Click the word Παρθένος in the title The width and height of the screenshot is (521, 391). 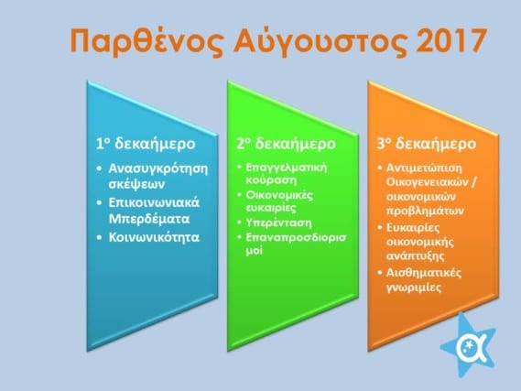click(147, 41)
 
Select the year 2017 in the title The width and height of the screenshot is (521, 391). click(450, 40)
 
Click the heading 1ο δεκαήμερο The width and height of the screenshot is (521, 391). click(146, 144)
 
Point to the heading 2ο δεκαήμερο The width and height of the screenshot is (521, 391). click(286, 144)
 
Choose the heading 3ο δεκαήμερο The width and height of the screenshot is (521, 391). click(427, 144)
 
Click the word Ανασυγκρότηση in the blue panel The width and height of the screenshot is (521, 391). click(157, 168)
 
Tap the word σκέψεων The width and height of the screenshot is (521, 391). click(136, 184)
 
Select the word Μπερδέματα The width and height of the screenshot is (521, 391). click(149, 219)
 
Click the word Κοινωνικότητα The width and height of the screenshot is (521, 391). click(154, 237)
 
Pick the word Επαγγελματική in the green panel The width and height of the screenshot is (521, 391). click(286, 167)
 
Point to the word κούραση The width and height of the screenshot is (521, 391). click(271, 179)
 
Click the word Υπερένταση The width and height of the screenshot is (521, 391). click(278, 223)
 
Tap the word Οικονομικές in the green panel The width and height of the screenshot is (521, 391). click(279, 195)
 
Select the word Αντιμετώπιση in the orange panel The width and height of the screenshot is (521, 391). click(424, 168)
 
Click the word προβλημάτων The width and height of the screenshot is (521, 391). click(425, 211)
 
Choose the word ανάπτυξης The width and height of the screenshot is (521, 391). click(416, 256)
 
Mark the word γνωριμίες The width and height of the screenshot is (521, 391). click(414, 287)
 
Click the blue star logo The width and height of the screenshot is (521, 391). click(469, 345)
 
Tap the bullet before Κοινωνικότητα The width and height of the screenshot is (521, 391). click(99, 237)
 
